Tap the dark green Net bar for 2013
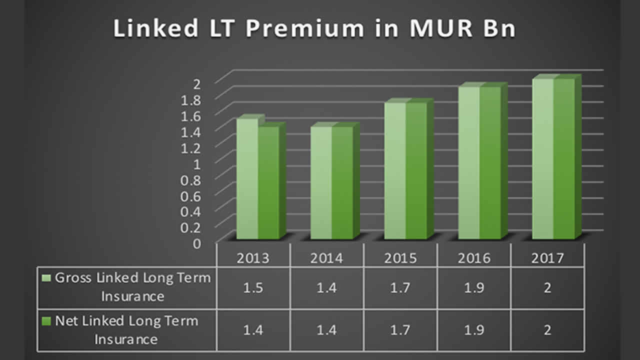coord(268,182)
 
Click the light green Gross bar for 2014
coord(321,182)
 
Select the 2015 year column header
coord(400,258)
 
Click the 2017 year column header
coord(547,258)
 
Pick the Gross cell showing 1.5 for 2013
coord(253,288)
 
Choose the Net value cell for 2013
coord(253,330)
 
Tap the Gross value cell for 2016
coord(474,288)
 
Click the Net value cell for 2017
coord(547,330)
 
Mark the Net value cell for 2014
coord(326,330)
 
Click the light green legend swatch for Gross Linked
coord(47,278)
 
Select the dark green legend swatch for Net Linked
coord(47,321)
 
